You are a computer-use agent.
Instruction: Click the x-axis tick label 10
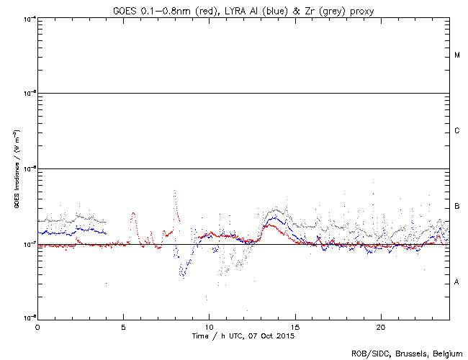[x=209, y=327]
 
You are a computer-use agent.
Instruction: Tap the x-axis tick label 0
[x=37, y=327]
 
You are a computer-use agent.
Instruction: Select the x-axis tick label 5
[x=123, y=327]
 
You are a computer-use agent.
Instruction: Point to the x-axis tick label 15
[x=294, y=327]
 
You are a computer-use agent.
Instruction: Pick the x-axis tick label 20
[x=380, y=327]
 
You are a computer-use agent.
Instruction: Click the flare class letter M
[x=456, y=55]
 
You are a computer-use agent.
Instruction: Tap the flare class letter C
[x=456, y=131]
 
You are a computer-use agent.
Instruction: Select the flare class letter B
[x=456, y=207]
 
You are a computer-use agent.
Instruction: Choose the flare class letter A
[x=456, y=282]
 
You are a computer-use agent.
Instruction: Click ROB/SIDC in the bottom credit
[x=367, y=353]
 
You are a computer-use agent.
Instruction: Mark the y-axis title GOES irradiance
[x=16, y=169]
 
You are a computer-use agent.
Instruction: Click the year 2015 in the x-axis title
[x=285, y=336]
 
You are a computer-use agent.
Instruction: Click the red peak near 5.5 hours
[x=133, y=213]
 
